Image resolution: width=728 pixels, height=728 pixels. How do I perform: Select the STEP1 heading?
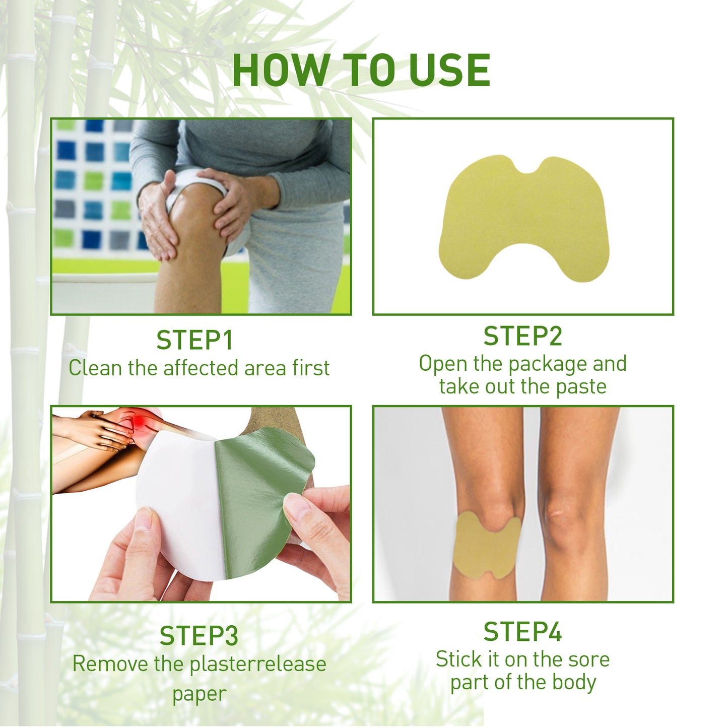pyautogui.click(x=194, y=341)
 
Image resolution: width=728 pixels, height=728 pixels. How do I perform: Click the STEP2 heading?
pyautogui.click(x=522, y=336)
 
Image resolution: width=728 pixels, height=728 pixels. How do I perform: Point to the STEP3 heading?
pyautogui.click(x=199, y=636)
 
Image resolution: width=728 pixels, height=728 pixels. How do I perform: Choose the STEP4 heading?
pyautogui.click(x=522, y=632)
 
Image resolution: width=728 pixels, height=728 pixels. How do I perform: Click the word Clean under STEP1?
pyautogui.click(x=95, y=368)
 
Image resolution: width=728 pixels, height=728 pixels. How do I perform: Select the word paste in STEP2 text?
pyautogui.click(x=581, y=387)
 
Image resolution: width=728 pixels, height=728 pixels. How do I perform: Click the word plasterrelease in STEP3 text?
pyautogui.click(x=257, y=664)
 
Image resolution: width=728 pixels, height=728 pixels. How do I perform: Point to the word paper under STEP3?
pyautogui.click(x=199, y=694)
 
